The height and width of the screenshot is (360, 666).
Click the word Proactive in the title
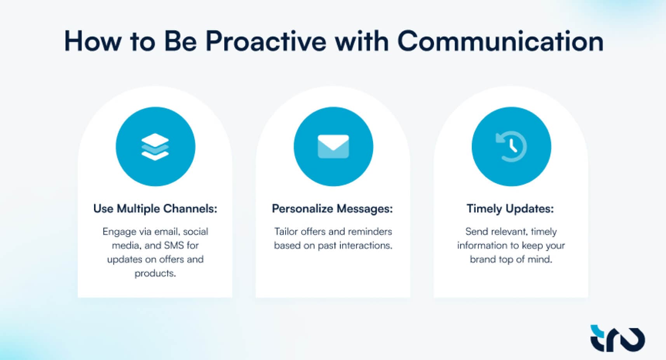pyautogui.click(x=265, y=41)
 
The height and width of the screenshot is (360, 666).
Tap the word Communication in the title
pyautogui.click(x=500, y=41)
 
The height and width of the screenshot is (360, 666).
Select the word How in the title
pyautogui.click(x=92, y=41)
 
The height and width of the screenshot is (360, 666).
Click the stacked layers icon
pyautogui.click(x=155, y=147)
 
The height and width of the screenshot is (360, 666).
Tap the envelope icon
pyautogui.click(x=333, y=147)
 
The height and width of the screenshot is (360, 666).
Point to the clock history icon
pyautogui.click(x=511, y=147)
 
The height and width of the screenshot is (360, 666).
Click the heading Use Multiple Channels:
pyautogui.click(x=155, y=209)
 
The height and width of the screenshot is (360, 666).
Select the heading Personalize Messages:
pyautogui.click(x=332, y=209)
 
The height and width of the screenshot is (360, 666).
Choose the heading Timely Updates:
pyautogui.click(x=510, y=209)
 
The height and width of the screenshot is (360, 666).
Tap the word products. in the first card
pyautogui.click(x=155, y=273)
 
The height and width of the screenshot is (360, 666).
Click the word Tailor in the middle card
pyautogui.click(x=286, y=232)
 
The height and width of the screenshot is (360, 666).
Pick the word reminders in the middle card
pyautogui.click(x=370, y=232)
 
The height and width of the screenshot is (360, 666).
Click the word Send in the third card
pyautogui.click(x=476, y=232)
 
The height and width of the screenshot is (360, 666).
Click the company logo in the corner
pyautogui.click(x=617, y=338)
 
